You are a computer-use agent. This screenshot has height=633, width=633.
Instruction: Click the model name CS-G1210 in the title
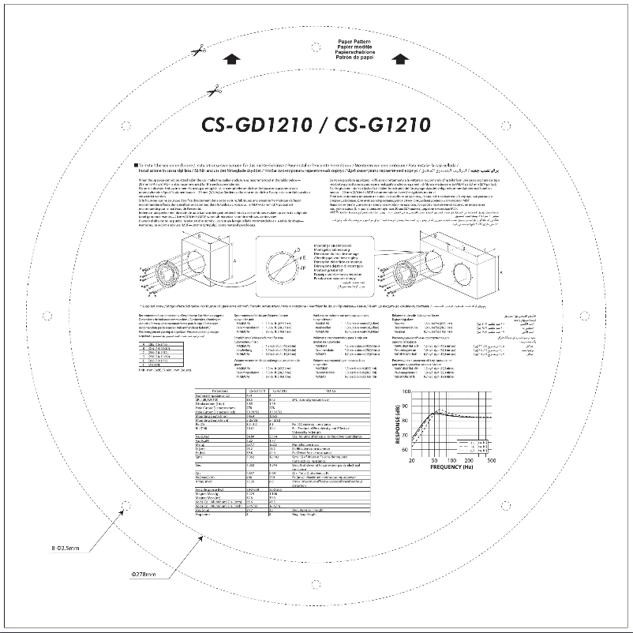pos(382,125)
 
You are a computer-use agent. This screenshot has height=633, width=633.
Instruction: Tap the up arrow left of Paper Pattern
pos(230,58)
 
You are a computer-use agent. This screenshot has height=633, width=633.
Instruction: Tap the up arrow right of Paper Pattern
pos(400,58)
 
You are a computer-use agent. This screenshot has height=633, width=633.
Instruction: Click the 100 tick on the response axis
pos(405,391)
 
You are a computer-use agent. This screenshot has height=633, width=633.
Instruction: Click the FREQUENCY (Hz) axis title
pos(451,467)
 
